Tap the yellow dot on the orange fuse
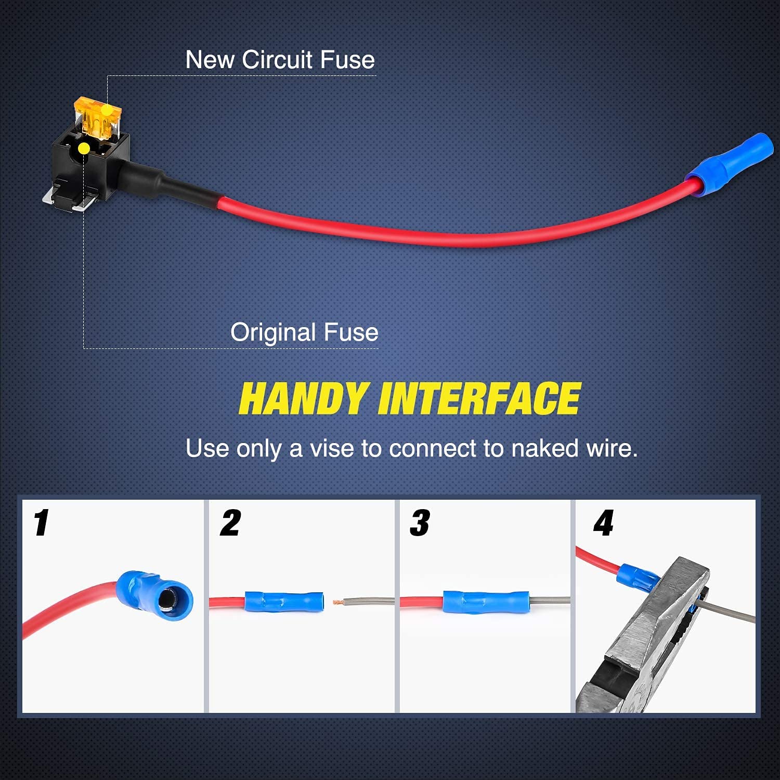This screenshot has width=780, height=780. [107, 110]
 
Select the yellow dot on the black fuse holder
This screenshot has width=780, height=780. [83, 149]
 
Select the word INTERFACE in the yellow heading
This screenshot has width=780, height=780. [479, 399]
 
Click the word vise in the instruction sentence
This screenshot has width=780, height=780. [332, 448]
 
